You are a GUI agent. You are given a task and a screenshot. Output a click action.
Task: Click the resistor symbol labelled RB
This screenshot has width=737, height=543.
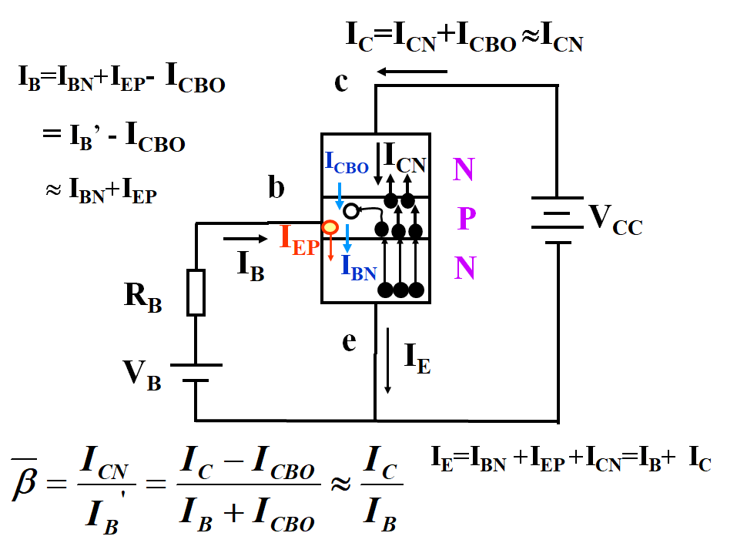196,292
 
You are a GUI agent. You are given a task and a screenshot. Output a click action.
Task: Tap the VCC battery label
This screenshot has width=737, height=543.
615,220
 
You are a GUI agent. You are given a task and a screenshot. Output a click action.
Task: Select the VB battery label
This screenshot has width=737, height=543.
142,375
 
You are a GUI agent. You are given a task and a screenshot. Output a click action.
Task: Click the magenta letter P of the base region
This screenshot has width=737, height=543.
467,218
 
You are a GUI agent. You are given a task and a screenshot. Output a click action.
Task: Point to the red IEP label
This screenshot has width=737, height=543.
300,240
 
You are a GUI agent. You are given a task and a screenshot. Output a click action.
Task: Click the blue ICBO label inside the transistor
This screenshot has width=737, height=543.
347,163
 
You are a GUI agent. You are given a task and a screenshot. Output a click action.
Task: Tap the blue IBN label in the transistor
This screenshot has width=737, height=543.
359,268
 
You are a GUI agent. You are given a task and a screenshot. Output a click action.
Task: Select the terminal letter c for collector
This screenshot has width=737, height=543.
341,82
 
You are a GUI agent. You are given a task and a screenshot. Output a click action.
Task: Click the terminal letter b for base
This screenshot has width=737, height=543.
276,186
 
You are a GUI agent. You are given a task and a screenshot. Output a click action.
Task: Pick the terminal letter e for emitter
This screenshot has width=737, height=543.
349,342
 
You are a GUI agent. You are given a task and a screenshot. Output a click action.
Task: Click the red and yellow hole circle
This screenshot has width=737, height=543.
330,227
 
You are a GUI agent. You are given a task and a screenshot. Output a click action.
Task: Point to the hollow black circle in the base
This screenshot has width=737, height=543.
350,211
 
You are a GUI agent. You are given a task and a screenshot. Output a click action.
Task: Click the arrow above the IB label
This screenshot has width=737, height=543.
246,239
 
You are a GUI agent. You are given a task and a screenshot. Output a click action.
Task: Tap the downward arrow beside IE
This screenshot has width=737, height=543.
388,360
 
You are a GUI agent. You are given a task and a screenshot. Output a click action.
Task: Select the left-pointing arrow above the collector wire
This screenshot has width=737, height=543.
412,72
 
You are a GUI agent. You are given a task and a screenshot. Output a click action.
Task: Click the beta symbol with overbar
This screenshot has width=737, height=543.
25,479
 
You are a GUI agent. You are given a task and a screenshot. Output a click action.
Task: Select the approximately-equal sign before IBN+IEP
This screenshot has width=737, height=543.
54,190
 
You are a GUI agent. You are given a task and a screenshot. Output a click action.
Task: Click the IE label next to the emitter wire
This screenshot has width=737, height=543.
417,358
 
